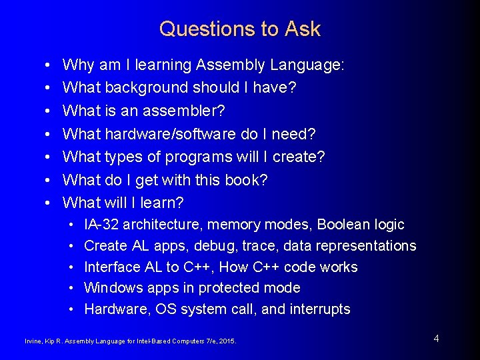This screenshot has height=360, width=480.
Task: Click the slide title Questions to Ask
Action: pos(240,29)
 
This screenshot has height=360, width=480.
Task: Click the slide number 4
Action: pos(436,339)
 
